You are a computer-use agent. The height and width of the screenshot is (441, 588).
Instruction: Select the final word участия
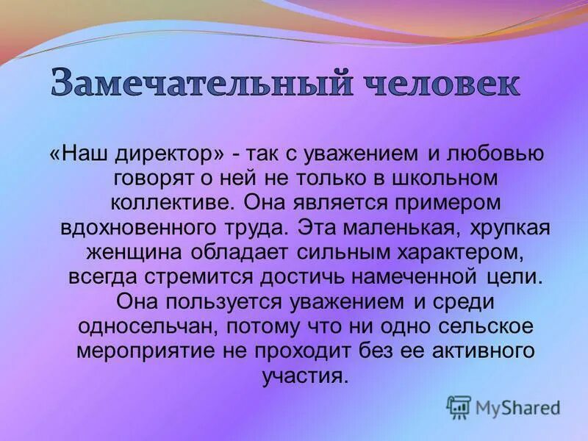[x=302, y=376]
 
